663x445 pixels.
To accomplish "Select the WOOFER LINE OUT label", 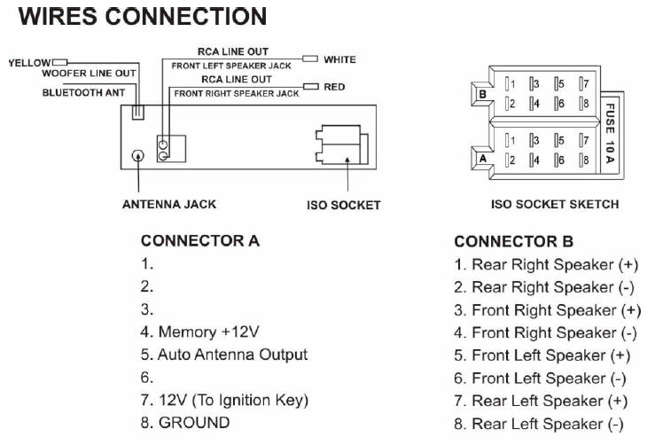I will (x=90, y=74).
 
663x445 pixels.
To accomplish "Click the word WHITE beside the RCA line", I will (x=339, y=59).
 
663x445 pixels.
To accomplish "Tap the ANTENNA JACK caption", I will (x=168, y=205).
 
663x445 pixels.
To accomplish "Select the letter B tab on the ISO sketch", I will (x=483, y=93).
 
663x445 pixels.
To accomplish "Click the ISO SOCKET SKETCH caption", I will (x=555, y=205).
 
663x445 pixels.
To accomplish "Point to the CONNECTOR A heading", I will (x=200, y=241).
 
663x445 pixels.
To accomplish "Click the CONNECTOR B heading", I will (x=513, y=241).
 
